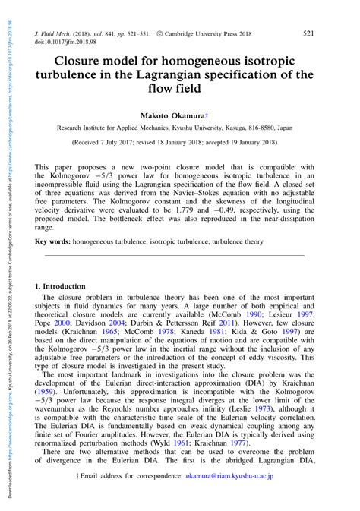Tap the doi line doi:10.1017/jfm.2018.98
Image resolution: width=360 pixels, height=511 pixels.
[x=70, y=44]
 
